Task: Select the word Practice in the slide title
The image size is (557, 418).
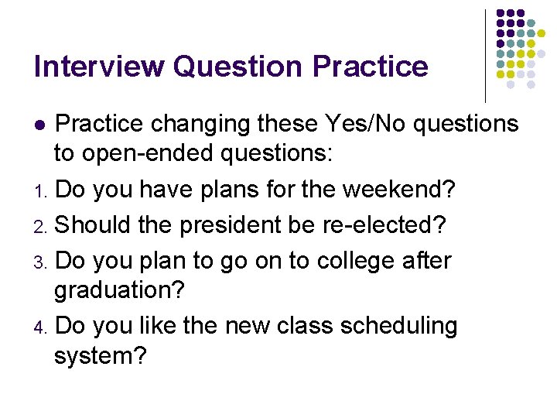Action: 371,67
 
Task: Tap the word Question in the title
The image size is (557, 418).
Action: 239,68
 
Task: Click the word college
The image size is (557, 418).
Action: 340,261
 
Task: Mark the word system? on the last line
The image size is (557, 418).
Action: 101,357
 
